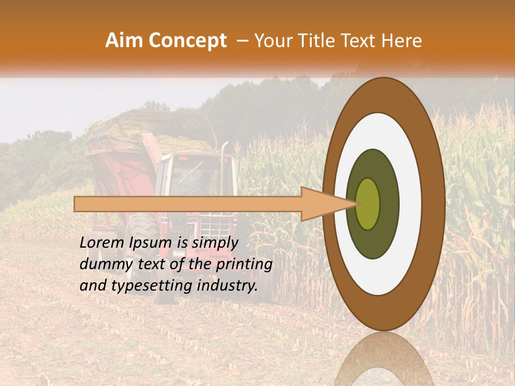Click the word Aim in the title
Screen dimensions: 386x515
124,41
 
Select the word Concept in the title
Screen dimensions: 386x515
188,41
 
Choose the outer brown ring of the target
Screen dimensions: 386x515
435,204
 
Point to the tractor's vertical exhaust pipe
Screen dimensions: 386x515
225,161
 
